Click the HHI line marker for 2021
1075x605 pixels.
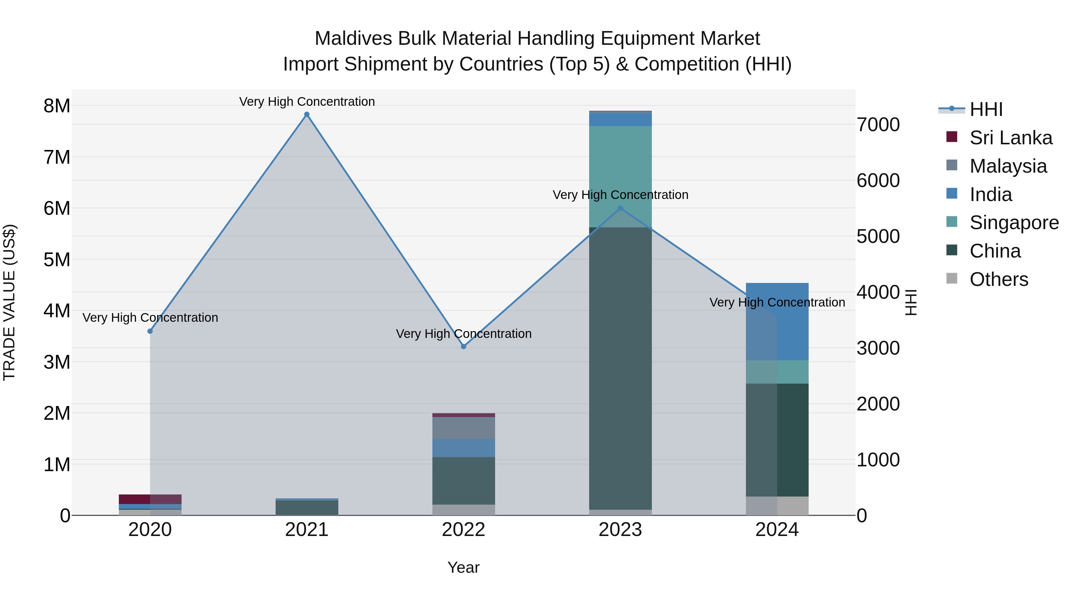click(307, 114)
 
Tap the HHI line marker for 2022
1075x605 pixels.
click(464, 347)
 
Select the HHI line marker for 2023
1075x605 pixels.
click(620, 208)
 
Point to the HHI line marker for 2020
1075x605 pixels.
click(150, 331)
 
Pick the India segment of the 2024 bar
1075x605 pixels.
click(777, 321)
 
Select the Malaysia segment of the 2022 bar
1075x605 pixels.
click(464, 428)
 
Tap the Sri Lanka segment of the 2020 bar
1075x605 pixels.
click(150, 499)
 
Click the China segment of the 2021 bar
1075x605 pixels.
click(307, 508)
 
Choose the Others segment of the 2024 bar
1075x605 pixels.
click(777, 506)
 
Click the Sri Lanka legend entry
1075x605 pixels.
click(1010, 138)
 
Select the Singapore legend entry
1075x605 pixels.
click(1014, 223)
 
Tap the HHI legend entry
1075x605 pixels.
click(985, 109)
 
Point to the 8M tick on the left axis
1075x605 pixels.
click(57, 106)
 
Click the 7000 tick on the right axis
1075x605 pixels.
click(878, 125)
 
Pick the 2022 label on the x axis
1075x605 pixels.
click(464, 530)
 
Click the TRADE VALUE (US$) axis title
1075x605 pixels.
click(10, 302)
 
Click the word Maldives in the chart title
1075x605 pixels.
click(353, 39)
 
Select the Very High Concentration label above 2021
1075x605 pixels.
click(307, 102)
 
